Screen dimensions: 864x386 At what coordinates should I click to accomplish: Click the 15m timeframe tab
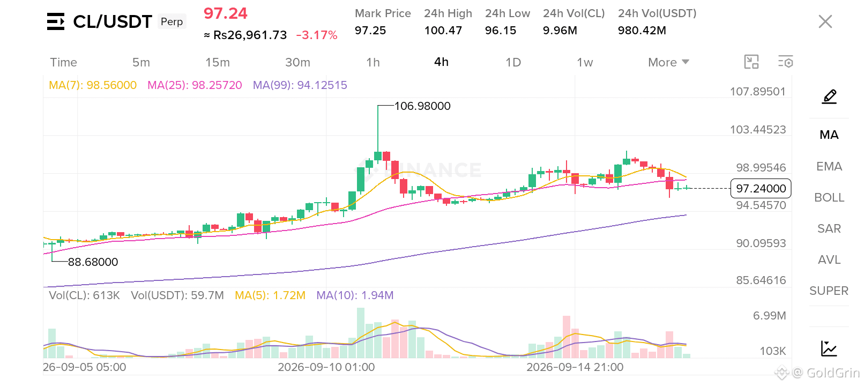[218, 63]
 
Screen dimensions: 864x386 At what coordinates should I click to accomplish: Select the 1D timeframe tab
[513, 63]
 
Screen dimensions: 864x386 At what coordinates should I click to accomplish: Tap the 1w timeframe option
[585, 63]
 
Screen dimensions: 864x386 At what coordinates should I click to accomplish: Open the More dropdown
[668, 63]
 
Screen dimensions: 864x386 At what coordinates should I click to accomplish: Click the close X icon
[825, 21]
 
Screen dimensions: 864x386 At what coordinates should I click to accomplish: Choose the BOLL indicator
[829, 198]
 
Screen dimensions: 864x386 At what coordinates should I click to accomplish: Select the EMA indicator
[829, 166]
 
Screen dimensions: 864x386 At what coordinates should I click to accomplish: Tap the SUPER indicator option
[829, 291]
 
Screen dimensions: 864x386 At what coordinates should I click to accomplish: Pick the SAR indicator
[829, 228]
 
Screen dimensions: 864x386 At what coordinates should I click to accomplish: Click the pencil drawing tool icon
[829, 96]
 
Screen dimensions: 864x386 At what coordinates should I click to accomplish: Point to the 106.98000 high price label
[422, 106]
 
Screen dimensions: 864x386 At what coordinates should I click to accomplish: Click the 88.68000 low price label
[93, 262]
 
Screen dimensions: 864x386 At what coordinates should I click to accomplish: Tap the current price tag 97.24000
[761, 188]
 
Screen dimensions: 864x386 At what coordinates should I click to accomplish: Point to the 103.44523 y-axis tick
[757, 129]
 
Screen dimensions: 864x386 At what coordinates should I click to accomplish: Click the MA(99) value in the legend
[300, 85]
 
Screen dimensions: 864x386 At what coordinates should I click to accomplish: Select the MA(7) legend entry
[93, 85]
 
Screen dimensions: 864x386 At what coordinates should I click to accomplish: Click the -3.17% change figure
[317, 35]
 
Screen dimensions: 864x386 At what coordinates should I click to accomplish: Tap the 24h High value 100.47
[443, 31]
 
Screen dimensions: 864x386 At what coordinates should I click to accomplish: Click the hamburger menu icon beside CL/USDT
[56, 21]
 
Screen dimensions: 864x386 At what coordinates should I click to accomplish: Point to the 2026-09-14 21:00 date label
[575, 367]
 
